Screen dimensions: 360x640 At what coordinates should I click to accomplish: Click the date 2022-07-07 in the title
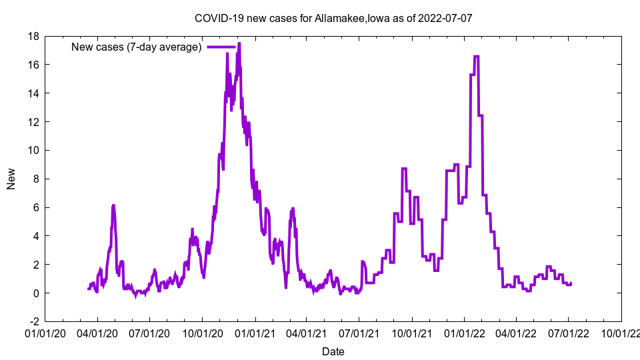click(446, 18)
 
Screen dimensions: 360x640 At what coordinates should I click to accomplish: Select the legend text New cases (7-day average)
click(136, 47)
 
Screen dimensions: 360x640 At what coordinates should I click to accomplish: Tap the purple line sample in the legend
click(221, 47)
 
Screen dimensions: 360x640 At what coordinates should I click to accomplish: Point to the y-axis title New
click(11, 179)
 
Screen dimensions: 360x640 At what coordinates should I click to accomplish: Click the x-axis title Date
click(333, 351)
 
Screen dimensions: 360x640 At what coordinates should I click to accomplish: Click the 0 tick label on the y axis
click(37, 293)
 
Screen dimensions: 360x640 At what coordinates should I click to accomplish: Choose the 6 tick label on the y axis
click(37, 207)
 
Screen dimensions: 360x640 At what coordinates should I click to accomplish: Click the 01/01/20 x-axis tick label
click(45, 331)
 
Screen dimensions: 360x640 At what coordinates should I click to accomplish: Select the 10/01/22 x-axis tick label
click(621, 331)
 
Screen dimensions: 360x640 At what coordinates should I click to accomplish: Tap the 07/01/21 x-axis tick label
click(359, 331)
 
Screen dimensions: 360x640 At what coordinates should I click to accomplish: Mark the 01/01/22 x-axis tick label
click(464, 331)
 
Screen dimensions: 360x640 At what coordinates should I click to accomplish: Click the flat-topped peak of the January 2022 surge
click(476, 57)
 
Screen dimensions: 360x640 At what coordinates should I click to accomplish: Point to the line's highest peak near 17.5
click(239, 43)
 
